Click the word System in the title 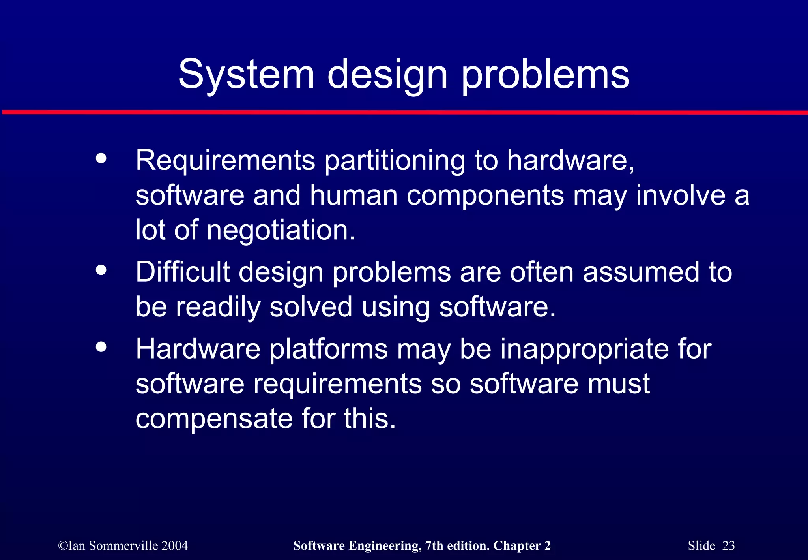246,75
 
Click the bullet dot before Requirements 101,158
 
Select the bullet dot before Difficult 101,271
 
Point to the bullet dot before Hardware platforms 101,347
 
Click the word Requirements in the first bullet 225,161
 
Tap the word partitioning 395,161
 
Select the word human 353,196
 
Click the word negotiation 281,230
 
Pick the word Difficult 183,272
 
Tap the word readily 218,307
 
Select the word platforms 328,350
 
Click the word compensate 214,419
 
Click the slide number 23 728,546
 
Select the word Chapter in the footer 517,546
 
